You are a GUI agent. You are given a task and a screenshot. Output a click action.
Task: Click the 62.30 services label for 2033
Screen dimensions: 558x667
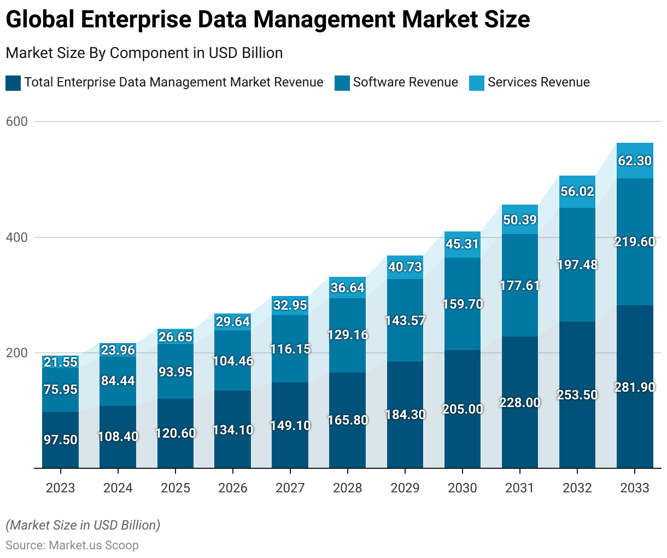pos(635,161)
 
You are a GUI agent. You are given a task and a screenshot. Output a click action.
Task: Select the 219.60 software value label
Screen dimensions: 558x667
pos(635,242)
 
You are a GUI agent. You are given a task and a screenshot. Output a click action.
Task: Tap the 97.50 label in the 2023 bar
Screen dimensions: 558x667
pos(61,440)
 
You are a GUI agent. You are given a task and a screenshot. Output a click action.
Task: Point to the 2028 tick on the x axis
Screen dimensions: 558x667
pos(348,488)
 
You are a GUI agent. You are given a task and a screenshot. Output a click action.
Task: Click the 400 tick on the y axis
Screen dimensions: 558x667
pos(16,237)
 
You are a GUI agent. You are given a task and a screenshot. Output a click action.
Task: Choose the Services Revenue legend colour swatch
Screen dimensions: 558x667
pos(477,83)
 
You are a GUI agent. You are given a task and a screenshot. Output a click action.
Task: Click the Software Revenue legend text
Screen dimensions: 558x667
pos(405,83)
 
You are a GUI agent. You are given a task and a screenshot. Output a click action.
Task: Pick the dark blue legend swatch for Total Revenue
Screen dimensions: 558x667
pos(13,83)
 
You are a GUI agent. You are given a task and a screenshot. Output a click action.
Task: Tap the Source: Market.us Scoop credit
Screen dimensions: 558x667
pos(72,545)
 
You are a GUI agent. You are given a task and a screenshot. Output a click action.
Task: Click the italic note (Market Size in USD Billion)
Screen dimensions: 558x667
pos(83,525)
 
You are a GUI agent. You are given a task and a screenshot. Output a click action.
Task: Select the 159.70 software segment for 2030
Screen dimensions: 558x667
pos(463,304)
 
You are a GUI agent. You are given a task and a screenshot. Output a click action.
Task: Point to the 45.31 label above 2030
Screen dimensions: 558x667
pos(463,244)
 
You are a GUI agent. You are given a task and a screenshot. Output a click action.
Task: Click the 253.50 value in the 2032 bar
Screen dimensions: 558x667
pos(577,395)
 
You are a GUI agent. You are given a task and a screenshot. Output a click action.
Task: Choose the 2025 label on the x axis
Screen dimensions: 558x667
pos(175,488)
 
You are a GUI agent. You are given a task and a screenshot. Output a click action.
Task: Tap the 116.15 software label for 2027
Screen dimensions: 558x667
pos(290,349)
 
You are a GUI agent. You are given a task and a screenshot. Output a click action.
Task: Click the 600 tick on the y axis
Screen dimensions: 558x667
pos(16,121)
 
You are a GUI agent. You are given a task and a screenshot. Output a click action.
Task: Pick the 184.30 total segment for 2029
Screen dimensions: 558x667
pos(405,415)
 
